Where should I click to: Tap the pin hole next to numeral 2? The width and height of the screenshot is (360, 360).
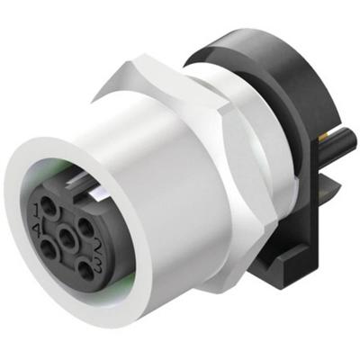(x=86, y=227)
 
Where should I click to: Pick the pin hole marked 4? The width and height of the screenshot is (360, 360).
(x=48, y=248)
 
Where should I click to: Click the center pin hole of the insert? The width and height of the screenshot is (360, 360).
(x=67, y=238)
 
